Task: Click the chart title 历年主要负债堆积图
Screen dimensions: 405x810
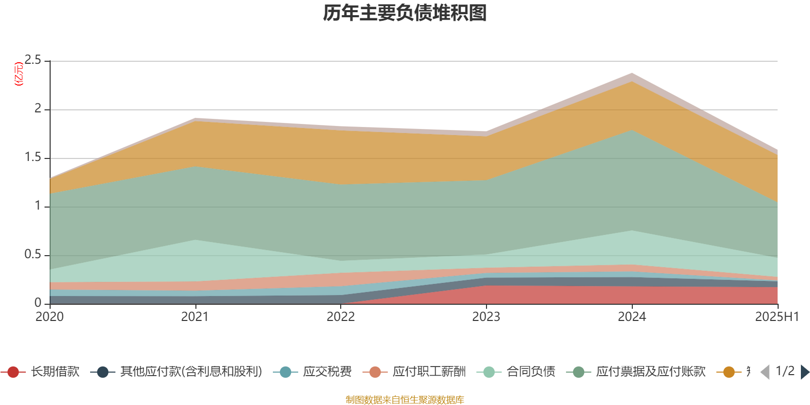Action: (x=405, y=13)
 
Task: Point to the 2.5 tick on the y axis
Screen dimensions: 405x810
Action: (x=33, y=60)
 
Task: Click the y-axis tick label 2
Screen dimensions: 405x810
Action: (x=37, y=108)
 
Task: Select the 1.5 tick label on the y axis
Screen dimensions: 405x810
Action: (x=33, y=157)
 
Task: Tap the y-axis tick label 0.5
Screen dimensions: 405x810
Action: (x=33, y=254)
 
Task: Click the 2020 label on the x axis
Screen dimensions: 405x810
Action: (x=50, y=317)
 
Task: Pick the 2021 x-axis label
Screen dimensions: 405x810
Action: (x=195, y=317)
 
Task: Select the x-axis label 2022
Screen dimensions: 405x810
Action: (x=341, y=317)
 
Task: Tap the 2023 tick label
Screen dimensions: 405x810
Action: (x=486, y=317)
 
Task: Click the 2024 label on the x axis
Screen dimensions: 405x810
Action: (x=632, y=317)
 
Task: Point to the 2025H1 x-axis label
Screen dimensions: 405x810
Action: (x=777, y=317)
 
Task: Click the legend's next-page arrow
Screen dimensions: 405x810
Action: (x=804, y=372)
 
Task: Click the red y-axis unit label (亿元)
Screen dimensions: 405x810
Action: (x=19, y=74)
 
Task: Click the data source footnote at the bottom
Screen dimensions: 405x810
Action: (x=405, y=400)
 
